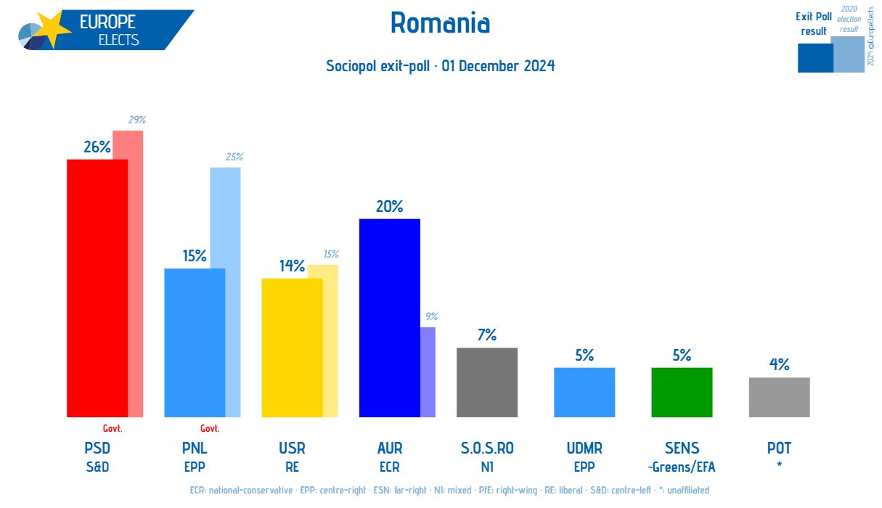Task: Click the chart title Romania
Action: [440, 23]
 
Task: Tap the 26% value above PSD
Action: [97, 147]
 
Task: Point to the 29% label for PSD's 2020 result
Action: [136, 120]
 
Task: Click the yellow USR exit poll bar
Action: [292, 348]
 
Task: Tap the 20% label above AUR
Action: [389, 206]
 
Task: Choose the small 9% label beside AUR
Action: [431, 316]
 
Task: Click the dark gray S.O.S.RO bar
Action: [487, 382]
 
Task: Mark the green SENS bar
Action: [682, 392]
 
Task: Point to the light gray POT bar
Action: [779, 397]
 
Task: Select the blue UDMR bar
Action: [584, 392]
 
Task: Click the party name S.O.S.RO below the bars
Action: [487, 448]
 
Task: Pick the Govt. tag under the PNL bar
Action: [210, 428]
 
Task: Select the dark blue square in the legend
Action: [815, 58]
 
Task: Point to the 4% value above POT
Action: [780, 365]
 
